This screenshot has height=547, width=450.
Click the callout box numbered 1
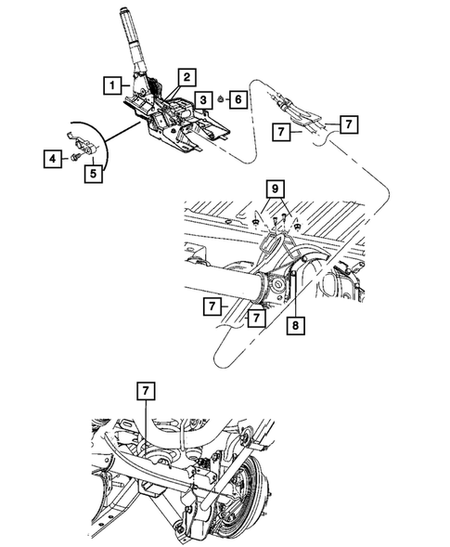point(111,85)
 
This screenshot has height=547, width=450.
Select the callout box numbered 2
point(187,76)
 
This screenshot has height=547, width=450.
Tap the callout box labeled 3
point(201,99)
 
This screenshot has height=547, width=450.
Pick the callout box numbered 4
point(50,161)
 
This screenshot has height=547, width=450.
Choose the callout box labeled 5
point(95,171)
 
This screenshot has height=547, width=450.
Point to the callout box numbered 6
point(238,98)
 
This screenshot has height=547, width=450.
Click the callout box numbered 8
point(295,325)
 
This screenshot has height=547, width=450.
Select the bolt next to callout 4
point(68,159)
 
